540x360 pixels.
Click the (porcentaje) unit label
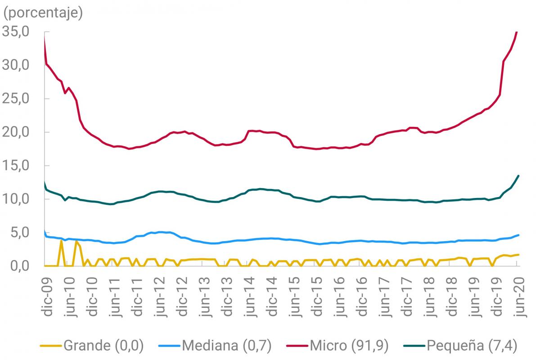pos(43,13)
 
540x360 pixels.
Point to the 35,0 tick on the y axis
pos(16,32)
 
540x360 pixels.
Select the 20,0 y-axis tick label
pos(16,132)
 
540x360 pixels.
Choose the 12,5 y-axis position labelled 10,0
pos(16,199)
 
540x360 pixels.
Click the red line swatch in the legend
pos(297,346)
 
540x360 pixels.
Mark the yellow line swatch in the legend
pos(51,346)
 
